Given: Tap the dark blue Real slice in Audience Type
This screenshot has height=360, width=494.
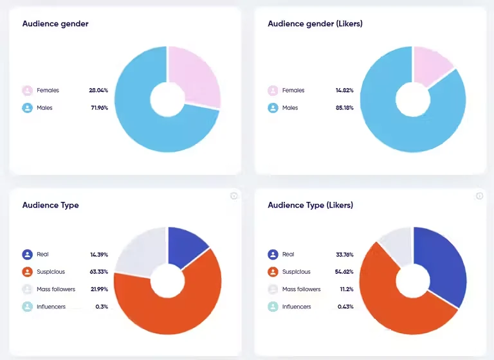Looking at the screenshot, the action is (186, 246).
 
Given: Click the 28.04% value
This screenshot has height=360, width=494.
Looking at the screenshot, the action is (98, 91).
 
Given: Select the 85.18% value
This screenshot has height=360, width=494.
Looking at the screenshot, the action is (344, 108).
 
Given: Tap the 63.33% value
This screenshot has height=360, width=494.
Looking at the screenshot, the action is (98, 272).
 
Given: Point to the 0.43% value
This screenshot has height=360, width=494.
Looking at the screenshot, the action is (345, 307).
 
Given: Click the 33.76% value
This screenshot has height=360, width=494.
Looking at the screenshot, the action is (344, 255).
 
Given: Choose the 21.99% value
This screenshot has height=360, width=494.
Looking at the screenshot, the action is (99, 289).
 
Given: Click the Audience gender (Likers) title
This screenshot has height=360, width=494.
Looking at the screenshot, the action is (315, 24).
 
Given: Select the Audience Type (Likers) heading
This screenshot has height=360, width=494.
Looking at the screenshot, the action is (310, 205).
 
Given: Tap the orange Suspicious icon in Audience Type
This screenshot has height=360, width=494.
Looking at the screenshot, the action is (28, 272).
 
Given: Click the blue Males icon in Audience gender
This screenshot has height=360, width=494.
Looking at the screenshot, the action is (28, 108).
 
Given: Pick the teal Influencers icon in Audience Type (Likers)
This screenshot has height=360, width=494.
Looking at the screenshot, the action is (273, 307).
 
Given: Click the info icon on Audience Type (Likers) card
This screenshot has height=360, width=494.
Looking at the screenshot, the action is (479, 196).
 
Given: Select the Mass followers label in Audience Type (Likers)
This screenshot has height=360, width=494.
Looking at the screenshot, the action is (301, 289).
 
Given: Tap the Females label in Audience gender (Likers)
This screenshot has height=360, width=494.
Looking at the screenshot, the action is (293, 91).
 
